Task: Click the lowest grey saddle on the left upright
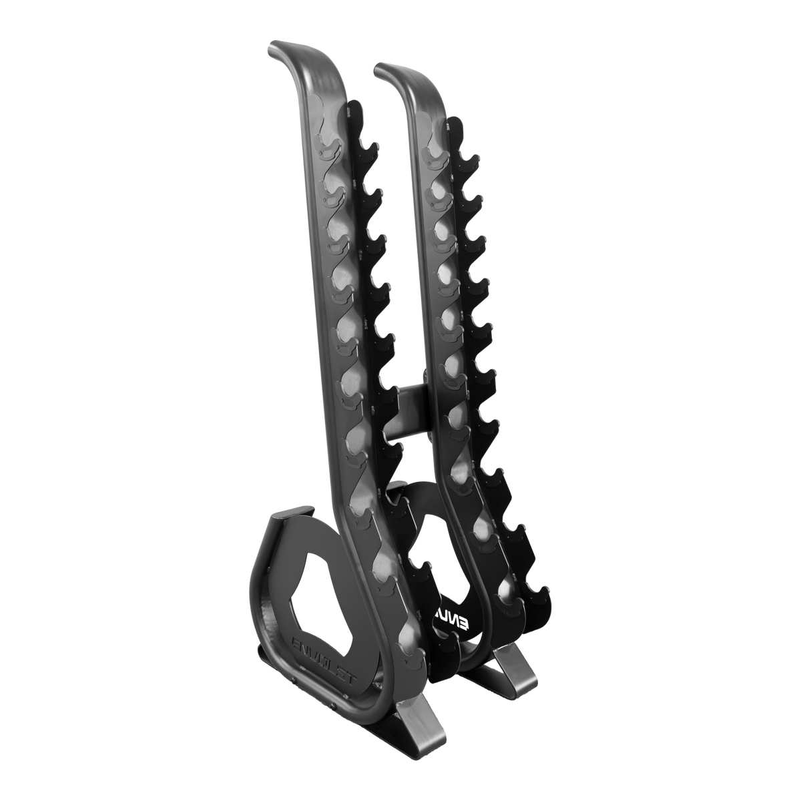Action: point(408,641)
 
